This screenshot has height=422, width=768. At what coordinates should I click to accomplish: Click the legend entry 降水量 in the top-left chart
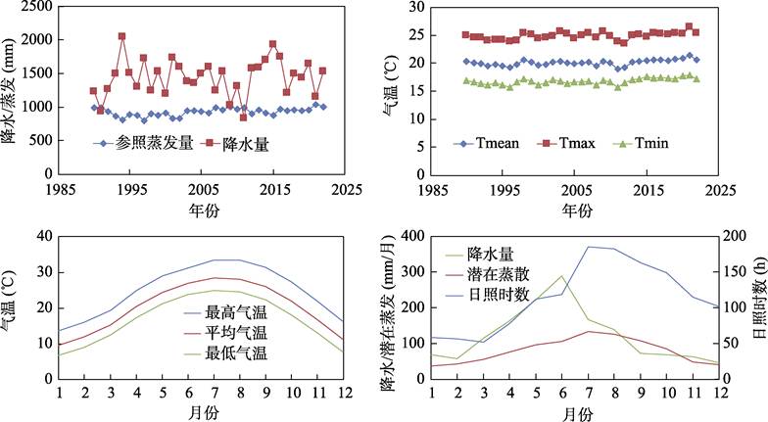(242, 143)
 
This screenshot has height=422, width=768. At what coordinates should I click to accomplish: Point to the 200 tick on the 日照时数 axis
(737, 236)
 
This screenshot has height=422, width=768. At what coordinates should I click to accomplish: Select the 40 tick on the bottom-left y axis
(41, 236)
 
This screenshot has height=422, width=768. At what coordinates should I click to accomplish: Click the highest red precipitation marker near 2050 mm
(121, 36)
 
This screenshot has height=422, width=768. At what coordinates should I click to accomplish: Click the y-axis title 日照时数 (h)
(759, 313)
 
